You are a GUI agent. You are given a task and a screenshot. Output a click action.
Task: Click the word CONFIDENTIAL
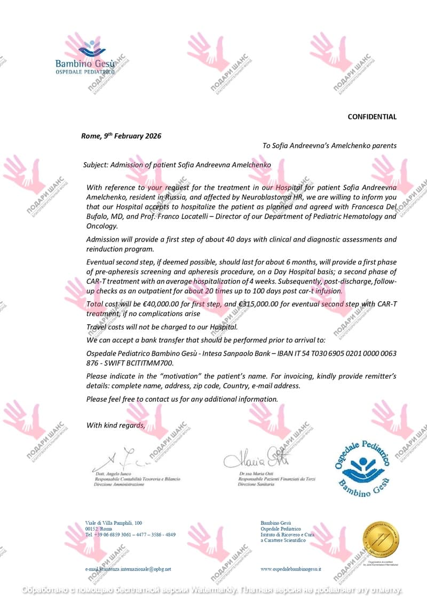point(372,117)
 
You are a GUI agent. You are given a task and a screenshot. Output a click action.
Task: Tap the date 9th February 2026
point(135,136)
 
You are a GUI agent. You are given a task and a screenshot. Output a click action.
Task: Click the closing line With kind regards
point(115,425)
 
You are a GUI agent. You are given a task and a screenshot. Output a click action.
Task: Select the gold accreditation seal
point(382,538)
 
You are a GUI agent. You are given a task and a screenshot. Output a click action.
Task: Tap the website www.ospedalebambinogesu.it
point(291,569)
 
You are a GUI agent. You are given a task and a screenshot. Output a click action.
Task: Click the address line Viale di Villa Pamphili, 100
point(114,522)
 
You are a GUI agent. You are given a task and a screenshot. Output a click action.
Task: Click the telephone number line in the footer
point(130,534)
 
